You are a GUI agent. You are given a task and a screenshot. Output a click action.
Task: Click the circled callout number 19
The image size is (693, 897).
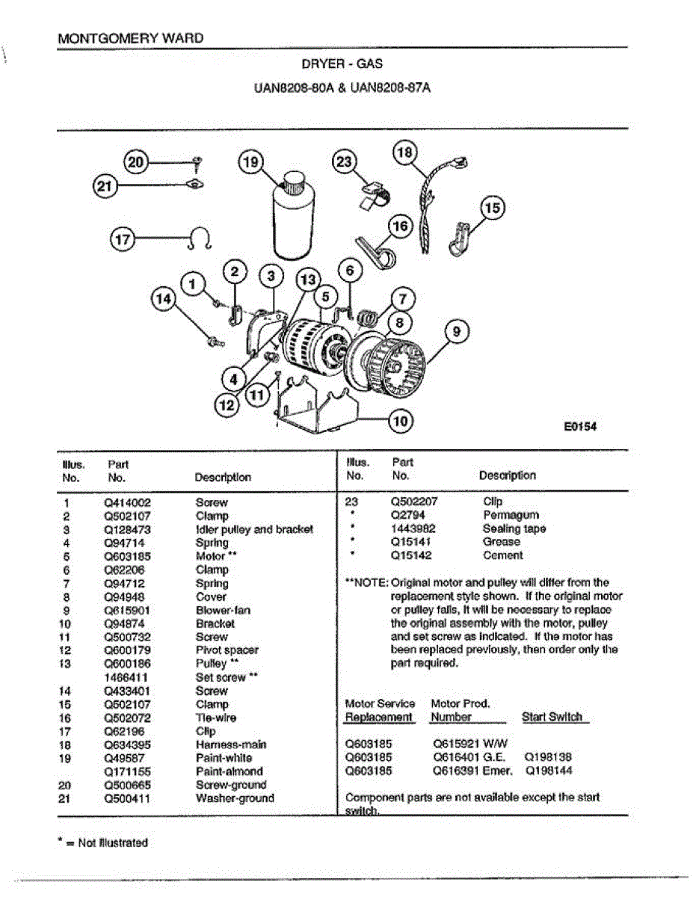pos(250,161)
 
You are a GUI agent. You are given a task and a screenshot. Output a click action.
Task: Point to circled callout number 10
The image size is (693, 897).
pos(401,422)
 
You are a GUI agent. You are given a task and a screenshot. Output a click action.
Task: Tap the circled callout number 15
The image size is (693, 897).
pos(493,207)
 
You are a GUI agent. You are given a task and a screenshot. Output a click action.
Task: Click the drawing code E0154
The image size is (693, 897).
pos(581,427)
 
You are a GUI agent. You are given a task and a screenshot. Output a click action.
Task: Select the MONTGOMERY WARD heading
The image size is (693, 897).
pos(130,38)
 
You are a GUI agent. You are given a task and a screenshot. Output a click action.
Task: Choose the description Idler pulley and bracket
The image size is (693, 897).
pos(254,529)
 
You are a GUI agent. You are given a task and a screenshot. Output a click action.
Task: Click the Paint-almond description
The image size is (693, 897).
pos(229,771)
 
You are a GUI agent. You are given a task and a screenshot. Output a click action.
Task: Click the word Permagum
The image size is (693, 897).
pos(511,515)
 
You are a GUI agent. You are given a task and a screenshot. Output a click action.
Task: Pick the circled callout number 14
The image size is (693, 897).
pos(163,299)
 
